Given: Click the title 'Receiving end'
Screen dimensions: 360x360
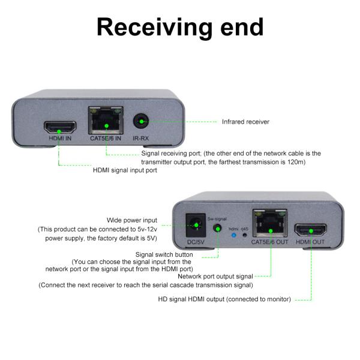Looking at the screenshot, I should click(180, 27).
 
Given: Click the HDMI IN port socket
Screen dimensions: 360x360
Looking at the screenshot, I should click(59, 127).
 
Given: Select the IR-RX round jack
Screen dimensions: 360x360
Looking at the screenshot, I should click(141, 122).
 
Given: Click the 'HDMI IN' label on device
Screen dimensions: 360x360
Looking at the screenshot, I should click(59, 139).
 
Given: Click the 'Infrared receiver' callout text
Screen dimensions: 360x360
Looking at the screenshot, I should click(245, 122).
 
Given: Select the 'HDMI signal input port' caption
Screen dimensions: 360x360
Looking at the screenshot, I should click(125, 170).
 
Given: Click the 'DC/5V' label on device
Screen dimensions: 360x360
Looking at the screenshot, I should click(194, 242).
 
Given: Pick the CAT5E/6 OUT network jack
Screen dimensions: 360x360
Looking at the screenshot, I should click(270, 224).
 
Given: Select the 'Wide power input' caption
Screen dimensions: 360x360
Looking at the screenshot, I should click(131, 220).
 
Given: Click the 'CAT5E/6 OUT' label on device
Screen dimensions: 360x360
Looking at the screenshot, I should click(270, 242).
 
